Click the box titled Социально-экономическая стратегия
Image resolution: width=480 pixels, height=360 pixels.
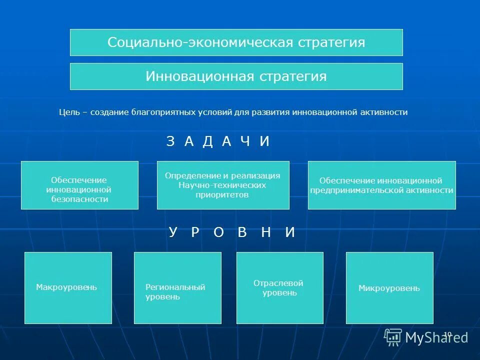click(x=236, y=42)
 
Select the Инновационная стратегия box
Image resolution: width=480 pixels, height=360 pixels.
click(x=236, y=76)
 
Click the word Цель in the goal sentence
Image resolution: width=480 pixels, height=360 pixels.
click(x=67, y=112)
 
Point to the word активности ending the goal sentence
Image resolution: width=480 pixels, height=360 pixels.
click(x=383, y=112)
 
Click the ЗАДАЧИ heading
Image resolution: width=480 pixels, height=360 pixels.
click(x=218, y=141)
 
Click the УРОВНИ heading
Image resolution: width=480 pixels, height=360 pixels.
click(x=231, y=232)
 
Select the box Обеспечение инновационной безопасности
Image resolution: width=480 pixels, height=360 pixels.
click(x=79, y=185)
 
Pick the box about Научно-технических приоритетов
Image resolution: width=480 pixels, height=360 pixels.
click(x=223, y=185)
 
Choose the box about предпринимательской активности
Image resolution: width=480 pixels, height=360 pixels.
click(x=381, y=185)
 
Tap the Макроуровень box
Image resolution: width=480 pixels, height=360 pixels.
click(x=68, y=287)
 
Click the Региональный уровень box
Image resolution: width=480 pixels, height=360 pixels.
click(x=177, y=287)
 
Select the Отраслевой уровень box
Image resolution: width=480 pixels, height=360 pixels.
click(x=279, y=287)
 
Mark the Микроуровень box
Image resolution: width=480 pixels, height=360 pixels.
click(x=389, y=288)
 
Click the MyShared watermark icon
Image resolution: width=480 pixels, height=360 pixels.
click(x=393, y=337)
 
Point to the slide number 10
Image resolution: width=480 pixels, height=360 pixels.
click(x=447, y=334)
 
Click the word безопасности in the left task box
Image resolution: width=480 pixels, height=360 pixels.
click(x=79, y=199)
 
